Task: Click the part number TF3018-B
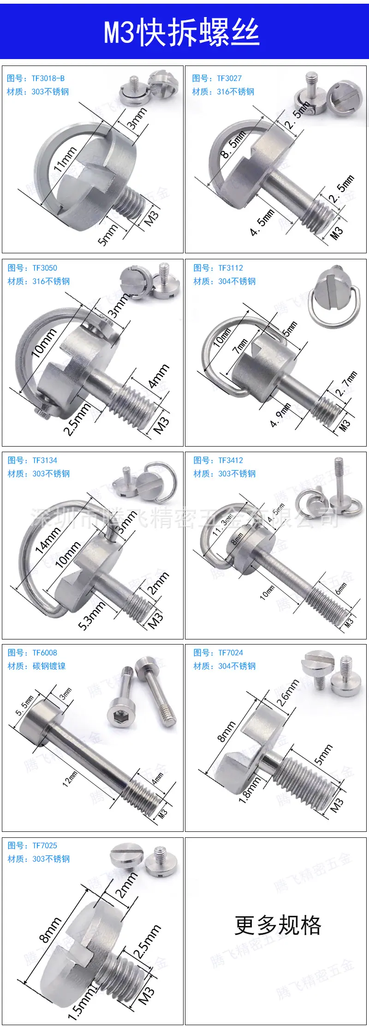[x=48, y=78]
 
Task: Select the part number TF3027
[x=229, y=78]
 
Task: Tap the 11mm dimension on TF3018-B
[x=65, y=159]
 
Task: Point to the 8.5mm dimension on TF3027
[x=233, y=144]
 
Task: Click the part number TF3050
[x=45, y=268]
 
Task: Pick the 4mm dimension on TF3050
[x=159, y=376]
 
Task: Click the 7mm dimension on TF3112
[x=240, y=346]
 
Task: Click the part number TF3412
[x=230, y=460]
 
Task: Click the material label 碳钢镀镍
[x=49, y=666]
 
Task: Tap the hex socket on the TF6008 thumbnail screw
[x=118, y=705]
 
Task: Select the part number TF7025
[x=45, y=846]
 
